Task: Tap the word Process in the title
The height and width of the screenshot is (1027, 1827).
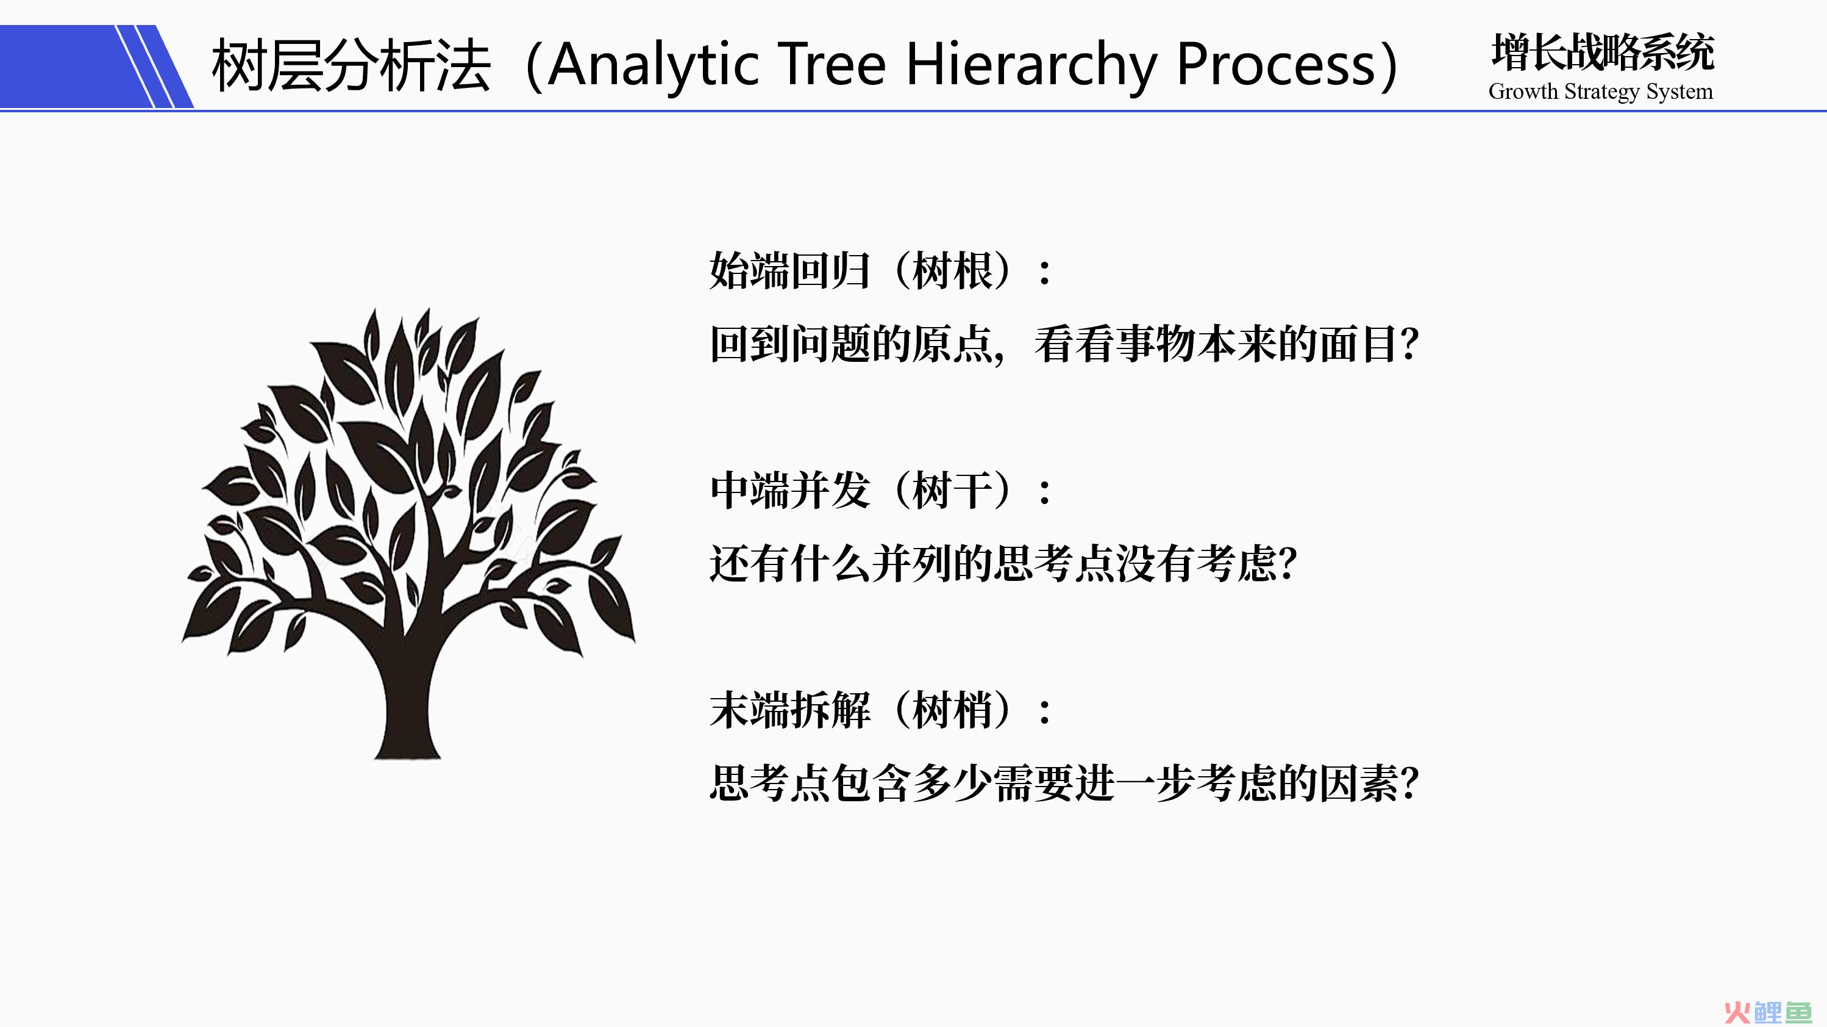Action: click(1276, 65)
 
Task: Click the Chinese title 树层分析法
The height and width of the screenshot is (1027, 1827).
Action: click(351, 65)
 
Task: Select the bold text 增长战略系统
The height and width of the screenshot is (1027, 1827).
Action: click(1603, 52)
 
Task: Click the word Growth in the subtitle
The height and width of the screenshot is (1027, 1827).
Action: click(1523, 92)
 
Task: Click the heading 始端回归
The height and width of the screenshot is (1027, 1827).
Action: click(789, 270)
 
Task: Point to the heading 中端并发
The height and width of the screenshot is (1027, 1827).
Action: click(789, 491)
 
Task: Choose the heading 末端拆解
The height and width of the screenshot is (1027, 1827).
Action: click(789, 710)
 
